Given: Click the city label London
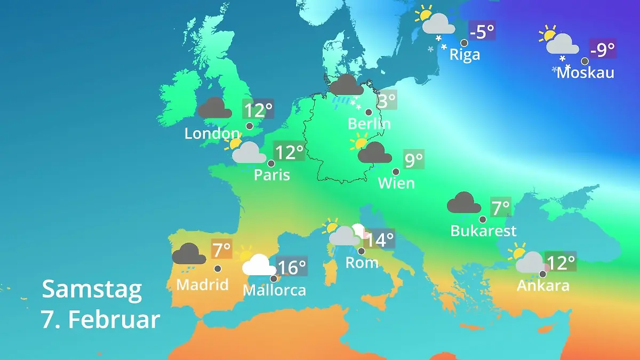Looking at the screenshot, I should (212, 133).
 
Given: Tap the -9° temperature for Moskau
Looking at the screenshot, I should (603, 50).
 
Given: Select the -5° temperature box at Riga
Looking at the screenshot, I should (482, 31).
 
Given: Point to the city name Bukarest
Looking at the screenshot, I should (483, 231).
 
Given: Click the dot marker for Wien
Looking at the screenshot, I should (396, 172).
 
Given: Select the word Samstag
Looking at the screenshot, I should (92, 289).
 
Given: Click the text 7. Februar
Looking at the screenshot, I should (100, 319).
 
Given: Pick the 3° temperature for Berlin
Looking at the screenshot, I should (386, 100).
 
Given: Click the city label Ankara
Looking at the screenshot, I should (543, 286).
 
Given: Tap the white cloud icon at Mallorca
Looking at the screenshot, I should (259, 265).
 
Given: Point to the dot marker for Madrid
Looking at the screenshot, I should (218, 269).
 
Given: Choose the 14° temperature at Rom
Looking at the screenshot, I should (379, 239).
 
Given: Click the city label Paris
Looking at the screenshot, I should (272, 175).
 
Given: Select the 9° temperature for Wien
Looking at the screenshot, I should (414, 159).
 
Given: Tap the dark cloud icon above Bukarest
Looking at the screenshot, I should (463, 203).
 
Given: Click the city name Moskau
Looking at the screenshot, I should (585, 73).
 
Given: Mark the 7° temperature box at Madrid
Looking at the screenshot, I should (221, 249).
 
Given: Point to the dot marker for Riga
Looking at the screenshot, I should (465, 43).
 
